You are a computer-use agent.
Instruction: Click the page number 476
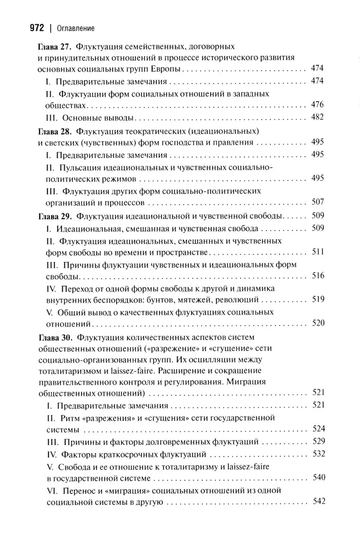coord(317,105)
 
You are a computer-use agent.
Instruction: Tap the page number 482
coord(317,118)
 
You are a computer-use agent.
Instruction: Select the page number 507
coord(317,202)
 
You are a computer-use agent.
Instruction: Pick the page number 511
coord(317,252)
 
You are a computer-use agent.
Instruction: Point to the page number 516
coord(317,276)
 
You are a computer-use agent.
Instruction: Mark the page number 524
coord(317,429)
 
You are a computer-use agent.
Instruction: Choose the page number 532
coord(317,453)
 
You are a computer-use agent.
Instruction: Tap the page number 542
coord(317,501)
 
